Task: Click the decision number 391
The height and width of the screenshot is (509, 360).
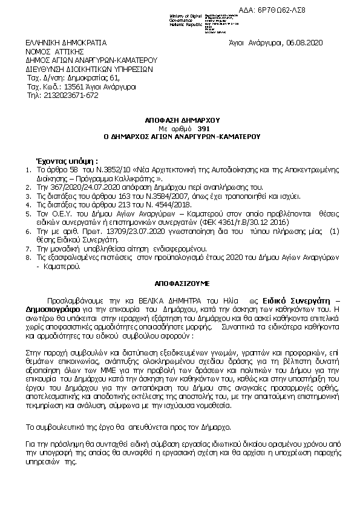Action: pyautogui.click(x=203, y=128)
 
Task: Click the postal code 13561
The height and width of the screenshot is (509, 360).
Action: pyautogui.click(x=65, y=86)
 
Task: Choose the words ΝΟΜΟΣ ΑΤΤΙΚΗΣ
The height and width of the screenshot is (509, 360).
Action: pyautogui.click(x=50, y=52)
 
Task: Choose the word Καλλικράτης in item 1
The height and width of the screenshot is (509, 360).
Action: pyautogui.click(x=131, y=179)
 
